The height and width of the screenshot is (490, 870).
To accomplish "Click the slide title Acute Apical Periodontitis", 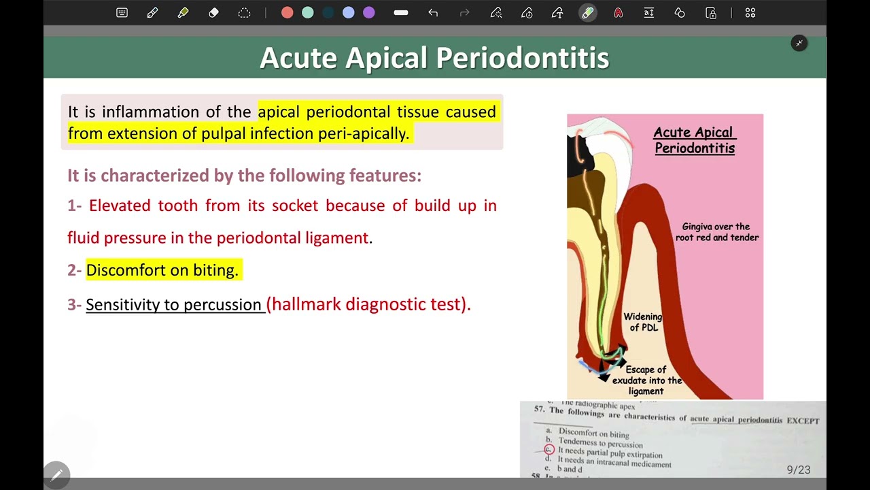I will pos(434,58).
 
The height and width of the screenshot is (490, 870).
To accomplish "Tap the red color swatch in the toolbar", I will pos(287,13).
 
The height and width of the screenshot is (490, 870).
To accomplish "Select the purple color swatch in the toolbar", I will pos(368,13).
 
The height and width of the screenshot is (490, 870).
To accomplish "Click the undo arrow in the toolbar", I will pos(433,13).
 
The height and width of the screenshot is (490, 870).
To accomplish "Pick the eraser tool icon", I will pos(213,13).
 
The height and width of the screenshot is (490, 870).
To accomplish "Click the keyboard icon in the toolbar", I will pos(122,13).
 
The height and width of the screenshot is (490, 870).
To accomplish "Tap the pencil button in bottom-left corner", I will pos(56,474).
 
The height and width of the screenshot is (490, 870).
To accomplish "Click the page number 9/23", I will pos(798,470).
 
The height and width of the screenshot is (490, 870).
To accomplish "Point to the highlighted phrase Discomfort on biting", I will pos(162,270).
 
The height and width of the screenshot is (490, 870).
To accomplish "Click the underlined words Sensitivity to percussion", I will pos(173,304).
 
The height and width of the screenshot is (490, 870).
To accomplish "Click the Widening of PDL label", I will pos(642,322).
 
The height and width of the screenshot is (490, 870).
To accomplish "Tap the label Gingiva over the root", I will pos(716,232).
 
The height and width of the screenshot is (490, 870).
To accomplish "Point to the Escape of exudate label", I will pos(646,380).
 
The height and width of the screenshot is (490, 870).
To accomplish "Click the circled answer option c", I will pos(549,451).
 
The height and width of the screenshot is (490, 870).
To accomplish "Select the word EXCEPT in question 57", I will pos(803,421).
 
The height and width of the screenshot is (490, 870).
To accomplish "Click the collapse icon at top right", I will pos(799,44).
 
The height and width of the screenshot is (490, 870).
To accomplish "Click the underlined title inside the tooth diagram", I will pos(694,140).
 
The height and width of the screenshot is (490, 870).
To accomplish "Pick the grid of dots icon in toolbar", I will pos(750,13).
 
